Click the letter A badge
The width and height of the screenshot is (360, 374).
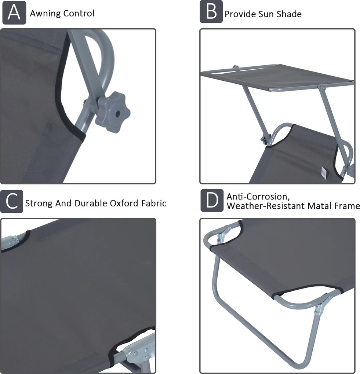(14, 12)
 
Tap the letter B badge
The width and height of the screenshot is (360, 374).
(211, 12)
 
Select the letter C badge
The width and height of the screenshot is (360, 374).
(11, 201)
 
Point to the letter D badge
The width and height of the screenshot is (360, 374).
(212, 200)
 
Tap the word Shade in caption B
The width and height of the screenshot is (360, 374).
(289, 14)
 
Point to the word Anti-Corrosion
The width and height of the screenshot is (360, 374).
(258, 197)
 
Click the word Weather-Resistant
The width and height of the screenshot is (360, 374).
(266, 206)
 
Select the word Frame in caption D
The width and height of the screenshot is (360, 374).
(346, 206)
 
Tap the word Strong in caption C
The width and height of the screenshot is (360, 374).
(39, 203)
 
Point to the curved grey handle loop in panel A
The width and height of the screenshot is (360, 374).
(105, 55)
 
